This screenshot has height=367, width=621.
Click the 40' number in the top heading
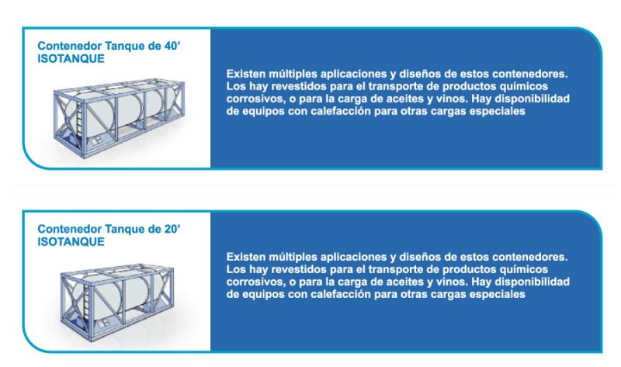pyautogui.click(x=172, y=46)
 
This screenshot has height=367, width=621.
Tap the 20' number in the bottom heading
pyautogui.click(x=172, y=229)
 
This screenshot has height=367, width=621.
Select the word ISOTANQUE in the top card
pyautogui.click(x=71, y=59)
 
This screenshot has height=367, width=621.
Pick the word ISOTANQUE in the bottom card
pyautogui.click(x=71, y=241)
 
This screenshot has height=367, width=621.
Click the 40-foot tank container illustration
pyautogui.click(x=119, y=118)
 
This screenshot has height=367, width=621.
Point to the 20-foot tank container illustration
pyautogui.click(x=117, y=302)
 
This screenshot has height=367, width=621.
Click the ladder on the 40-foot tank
pyautogui.click(x=81, y=118)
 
